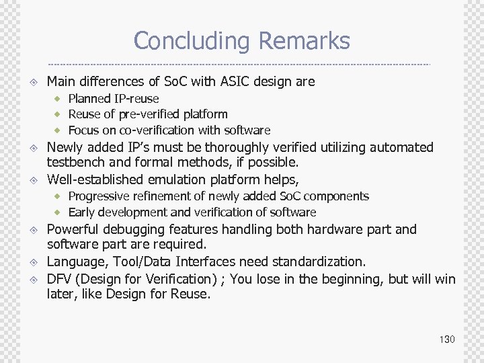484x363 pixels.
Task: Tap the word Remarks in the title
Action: click(x=304, y=41)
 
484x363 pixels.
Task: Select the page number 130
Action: click(x=447, y=339)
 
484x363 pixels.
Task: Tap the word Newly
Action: click(x=65, y=147)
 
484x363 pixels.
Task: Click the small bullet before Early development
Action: click(x=58, y=212)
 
